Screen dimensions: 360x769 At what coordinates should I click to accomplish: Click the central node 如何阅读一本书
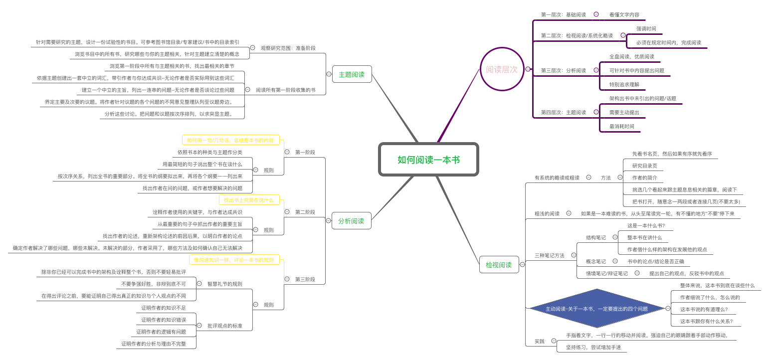[428, 160]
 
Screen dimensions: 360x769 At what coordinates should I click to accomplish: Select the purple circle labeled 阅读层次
[502, 69]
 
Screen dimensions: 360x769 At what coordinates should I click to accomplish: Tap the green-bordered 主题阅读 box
[352, 74]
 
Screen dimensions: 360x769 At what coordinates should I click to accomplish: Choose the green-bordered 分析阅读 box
[351, 221]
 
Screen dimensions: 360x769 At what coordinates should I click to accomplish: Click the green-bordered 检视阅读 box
[499, 265]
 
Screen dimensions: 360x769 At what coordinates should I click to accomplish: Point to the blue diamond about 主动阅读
[596, 309]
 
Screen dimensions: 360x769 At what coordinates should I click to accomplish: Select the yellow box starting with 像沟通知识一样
[234, 260]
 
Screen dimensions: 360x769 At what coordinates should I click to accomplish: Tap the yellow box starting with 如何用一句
[230, 140]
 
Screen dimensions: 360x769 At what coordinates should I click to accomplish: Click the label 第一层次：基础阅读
[563, 14]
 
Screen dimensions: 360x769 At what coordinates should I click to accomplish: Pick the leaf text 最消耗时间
[621, 126]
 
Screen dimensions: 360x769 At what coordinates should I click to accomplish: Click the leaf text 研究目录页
[644, 166]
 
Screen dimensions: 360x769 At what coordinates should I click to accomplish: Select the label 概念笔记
[595, 261]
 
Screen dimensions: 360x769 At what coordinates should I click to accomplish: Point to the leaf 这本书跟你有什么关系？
[707, 321]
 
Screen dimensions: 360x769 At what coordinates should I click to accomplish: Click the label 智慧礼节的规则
[224, 284]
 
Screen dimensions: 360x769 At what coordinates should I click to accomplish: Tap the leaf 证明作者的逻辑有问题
[164, 332]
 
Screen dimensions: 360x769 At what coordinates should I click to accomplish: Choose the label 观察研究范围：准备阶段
[288, 48]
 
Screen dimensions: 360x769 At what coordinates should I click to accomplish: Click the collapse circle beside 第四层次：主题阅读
[596, 112]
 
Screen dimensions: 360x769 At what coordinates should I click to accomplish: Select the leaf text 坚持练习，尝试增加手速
[593, 347]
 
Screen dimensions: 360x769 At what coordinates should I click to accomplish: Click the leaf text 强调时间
[646, 28]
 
